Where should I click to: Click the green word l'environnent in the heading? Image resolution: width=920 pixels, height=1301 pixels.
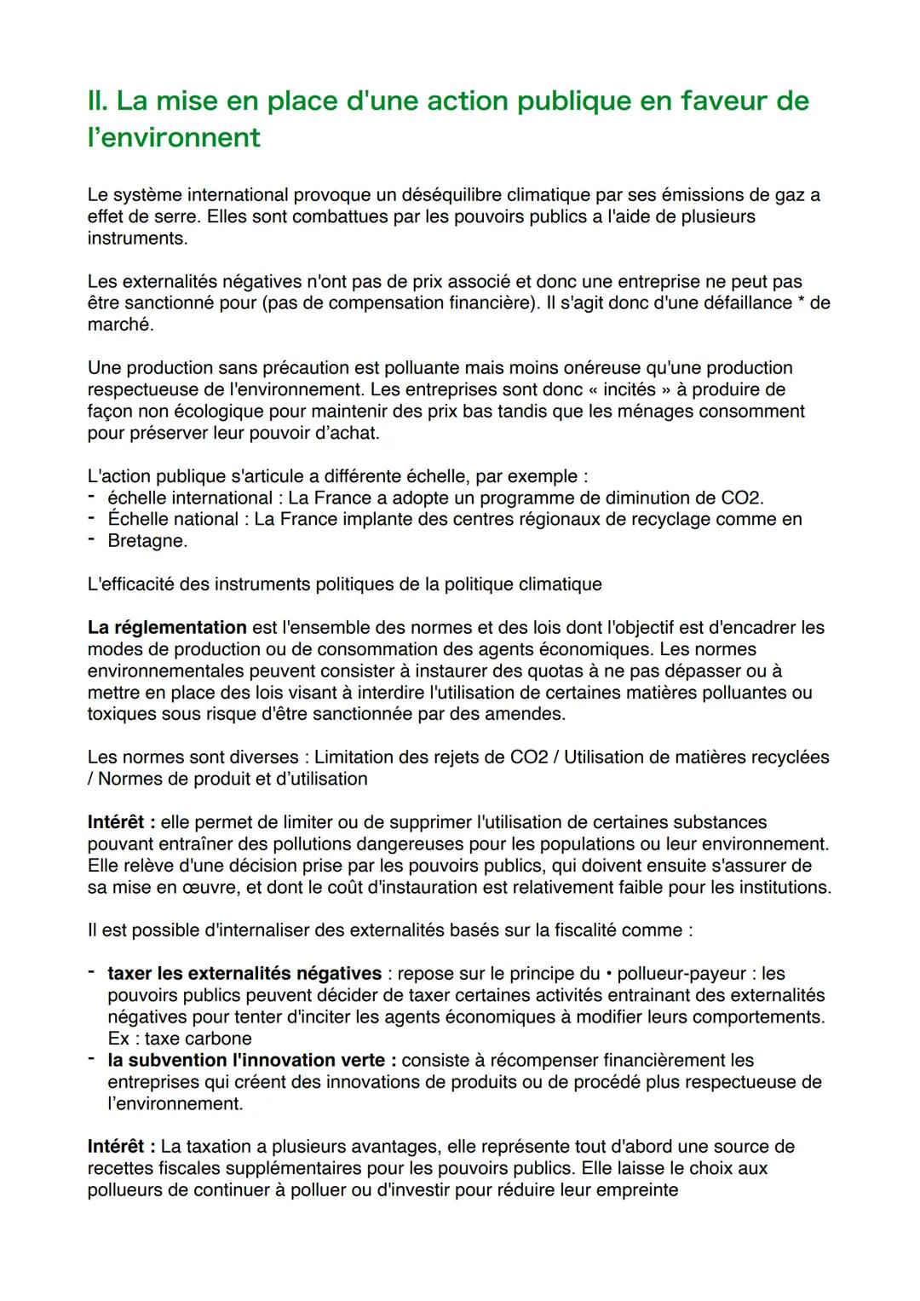pyautogui.click(x=174, y=137)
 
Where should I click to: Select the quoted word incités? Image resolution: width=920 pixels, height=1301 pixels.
pyautogui.click(x=630, y=389)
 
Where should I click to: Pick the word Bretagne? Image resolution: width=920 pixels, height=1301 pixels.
pyautogui.click(x=147, y=541)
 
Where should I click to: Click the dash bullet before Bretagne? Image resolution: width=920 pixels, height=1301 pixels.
pyautogui.click(x=91, y=541)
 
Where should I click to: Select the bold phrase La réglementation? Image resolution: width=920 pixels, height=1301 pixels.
pyautogui.click(x=167, y=628)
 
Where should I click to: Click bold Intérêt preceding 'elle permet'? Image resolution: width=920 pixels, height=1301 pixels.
pyautogui.click(x=120, y=822)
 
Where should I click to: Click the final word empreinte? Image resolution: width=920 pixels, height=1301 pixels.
pyautogui.click(x=636, y=1190)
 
